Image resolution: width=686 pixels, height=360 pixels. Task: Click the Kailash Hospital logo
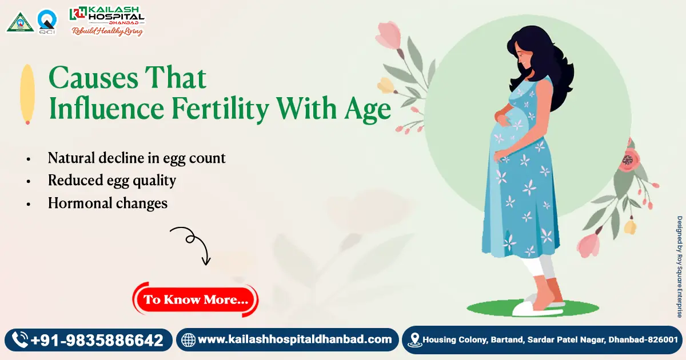coord(106,21)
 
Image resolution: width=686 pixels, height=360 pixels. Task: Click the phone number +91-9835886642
coord(97,341)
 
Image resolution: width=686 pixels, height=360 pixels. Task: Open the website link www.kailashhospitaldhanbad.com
coord(294,339)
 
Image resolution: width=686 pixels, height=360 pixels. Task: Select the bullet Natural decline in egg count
coord(137,158)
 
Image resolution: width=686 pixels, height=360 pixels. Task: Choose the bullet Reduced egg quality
coord(111,181)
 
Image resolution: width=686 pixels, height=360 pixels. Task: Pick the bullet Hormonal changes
coord(107,203)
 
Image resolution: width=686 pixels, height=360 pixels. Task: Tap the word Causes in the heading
coord(93,78)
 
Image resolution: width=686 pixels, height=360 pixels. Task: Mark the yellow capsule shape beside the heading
coord(27,94)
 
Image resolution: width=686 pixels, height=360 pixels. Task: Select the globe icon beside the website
coord(188,340)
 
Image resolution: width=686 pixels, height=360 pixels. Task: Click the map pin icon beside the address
coord(414,341)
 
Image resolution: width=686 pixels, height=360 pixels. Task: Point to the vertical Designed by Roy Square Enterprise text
coord(680,266)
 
